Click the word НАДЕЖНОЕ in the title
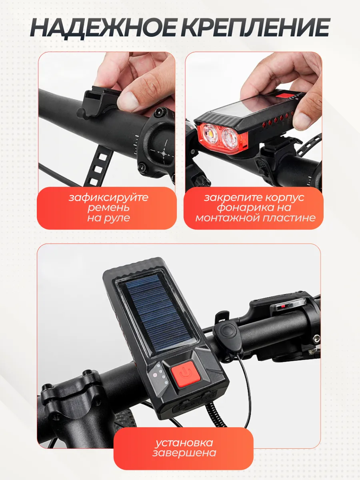(103, 28)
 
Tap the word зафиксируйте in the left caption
(108, 198)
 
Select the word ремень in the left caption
(108, 208)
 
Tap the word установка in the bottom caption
(184, 443)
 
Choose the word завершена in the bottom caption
(184, 453)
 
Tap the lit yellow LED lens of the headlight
(210, 133)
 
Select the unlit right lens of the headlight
(230, 138)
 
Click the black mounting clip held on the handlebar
(98, 102)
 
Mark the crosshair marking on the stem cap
(164, 153)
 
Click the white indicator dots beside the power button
(161, 374)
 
